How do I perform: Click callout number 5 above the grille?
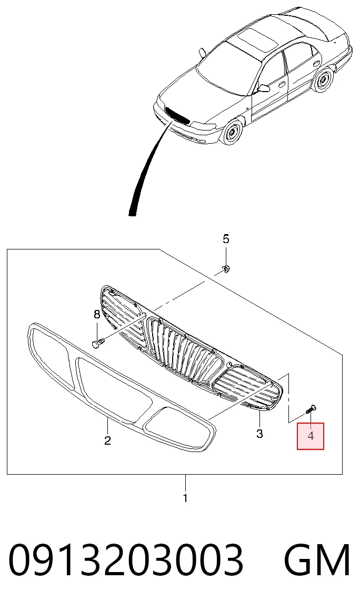(x=226, y=239)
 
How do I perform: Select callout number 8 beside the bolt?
(x=97, y=315)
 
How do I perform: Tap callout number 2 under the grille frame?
(x=107, y=440)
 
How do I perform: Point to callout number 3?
(x=259, y=433)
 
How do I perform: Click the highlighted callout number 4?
(x=311, y=436)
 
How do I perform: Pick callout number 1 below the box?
(x=185, y=498)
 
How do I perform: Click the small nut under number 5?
(x=226, y=268)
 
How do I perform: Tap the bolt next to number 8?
(x=98, y=343)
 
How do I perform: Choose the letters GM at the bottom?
(x=317, y=561)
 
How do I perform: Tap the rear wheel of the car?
(x=322, y=81)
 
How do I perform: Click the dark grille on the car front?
(x=177, y=115)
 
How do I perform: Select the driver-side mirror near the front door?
(x=264, y=88)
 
